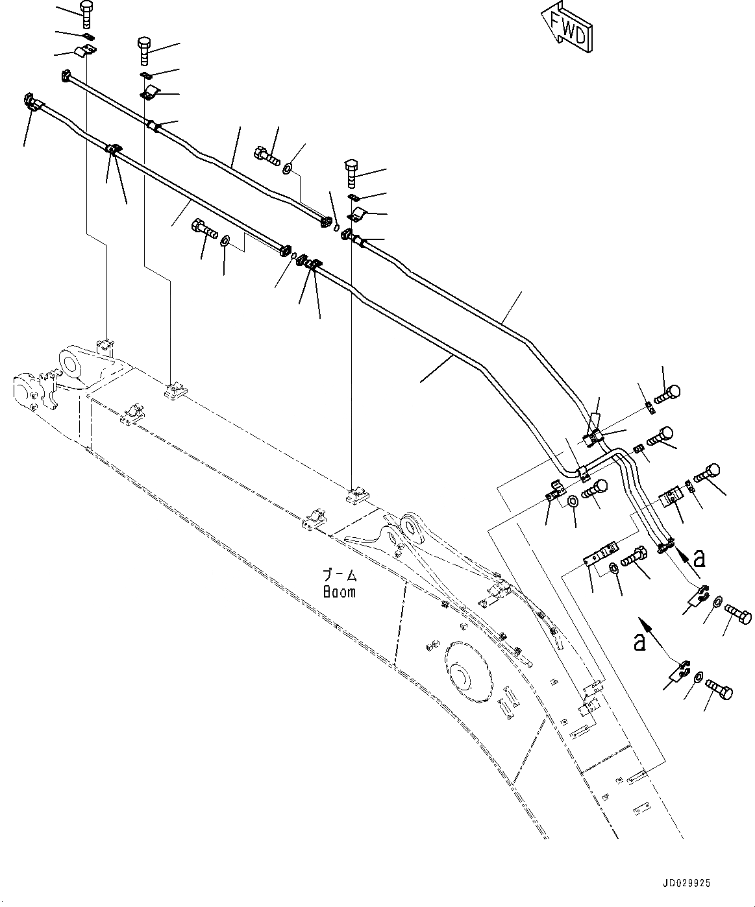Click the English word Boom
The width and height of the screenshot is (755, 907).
tap(340, 592)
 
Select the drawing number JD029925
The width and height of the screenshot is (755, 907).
tap(687, 883)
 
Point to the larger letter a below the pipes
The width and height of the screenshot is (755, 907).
tap(639, 642)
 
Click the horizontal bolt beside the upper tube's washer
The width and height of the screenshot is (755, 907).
tap(266, 156)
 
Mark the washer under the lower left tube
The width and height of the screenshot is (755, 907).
tap(225, 242)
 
